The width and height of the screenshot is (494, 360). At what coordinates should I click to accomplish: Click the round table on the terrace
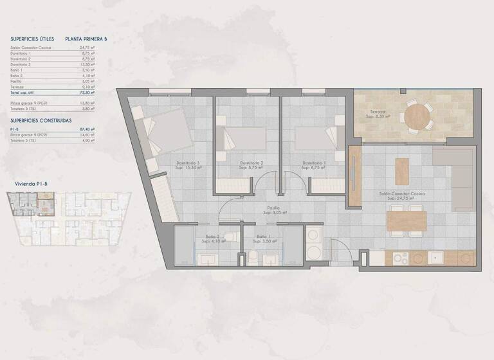pos(418,117)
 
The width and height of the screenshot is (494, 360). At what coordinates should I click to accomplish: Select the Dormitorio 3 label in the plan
pos(189,163)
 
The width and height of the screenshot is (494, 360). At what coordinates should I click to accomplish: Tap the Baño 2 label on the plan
pos(213,237)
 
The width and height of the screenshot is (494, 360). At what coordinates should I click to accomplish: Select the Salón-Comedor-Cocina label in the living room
pos(403,193)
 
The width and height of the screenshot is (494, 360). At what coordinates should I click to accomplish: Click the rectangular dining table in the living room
pos(407,221)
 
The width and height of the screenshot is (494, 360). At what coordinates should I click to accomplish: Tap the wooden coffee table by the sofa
pos(402,171)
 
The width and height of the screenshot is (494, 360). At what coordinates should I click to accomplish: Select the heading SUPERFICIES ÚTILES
pos(32,39)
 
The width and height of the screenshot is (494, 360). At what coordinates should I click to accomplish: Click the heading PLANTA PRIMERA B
pos(86,39)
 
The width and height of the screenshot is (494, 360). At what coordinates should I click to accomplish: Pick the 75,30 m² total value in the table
pos(88,93)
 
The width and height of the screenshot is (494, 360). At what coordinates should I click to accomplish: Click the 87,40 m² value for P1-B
pos(88,129)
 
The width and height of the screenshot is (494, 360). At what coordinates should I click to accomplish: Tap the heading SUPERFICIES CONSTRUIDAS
pos(41,120)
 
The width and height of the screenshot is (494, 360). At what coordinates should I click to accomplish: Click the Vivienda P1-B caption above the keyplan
pos(31,184)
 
